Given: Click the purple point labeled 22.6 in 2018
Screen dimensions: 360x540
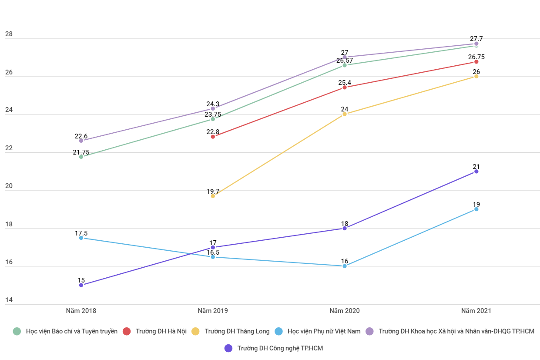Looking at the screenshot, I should [81, 141].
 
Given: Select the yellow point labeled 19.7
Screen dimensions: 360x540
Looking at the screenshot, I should [213, 196].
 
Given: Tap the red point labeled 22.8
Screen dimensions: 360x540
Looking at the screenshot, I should [213, 137].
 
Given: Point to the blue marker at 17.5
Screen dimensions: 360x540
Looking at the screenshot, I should [81, 238].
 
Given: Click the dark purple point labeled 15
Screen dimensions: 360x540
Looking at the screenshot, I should [81, 285].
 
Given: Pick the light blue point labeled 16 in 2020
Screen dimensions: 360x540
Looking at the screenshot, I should [345, 266].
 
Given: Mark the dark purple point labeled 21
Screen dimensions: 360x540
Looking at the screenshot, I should [476, 172].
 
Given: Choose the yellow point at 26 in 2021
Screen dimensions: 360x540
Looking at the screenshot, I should [476, 76].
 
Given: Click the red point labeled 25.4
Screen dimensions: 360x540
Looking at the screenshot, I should [345, 87].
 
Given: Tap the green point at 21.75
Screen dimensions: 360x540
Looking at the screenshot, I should [81, 157].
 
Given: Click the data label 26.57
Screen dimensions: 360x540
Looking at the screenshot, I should [345, 61].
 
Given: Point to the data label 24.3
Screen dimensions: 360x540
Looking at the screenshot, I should [213, 104].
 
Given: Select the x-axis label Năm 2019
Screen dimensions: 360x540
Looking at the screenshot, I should [213, 311].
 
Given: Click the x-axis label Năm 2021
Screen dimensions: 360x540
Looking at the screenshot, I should [476, 311].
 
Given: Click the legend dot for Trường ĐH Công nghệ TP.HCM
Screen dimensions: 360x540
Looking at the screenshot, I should [228, 348].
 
